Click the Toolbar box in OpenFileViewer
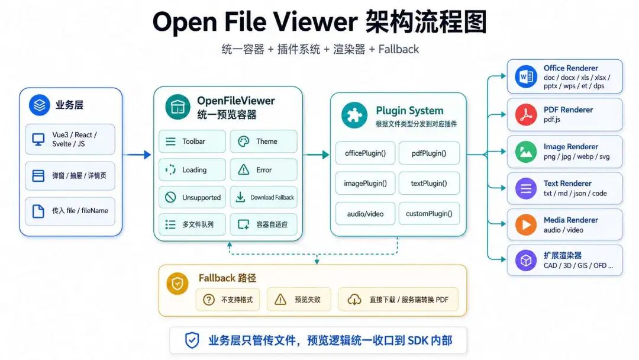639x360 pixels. [x=192, y=141]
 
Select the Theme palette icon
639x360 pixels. [x=243, y=142]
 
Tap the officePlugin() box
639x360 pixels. [x=365, y=153]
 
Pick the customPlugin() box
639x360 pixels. [x=429, y=213]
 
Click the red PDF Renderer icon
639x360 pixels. [x=526, y=114]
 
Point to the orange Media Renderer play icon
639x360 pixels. [x=526, y=224]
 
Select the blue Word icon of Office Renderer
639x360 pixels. [x=526, y=76]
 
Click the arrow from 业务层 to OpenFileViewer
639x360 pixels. [x=137, y=155]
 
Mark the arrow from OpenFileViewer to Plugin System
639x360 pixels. [x=316, y=155]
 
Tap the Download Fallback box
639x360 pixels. [x=264, y=197]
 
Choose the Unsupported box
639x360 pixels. [x=192, y=197]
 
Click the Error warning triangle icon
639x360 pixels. [x=243, y=169]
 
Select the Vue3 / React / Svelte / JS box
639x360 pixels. [x=70, y=139]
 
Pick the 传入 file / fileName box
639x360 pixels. [x=70, y=211]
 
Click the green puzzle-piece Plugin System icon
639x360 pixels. [x=354, y=115]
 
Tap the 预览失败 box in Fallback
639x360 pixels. [x=299, y=300]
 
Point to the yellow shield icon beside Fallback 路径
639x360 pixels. [x=177, y=284]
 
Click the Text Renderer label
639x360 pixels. [x=567, y=184]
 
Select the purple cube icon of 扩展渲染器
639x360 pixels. [x=526, y=260]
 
